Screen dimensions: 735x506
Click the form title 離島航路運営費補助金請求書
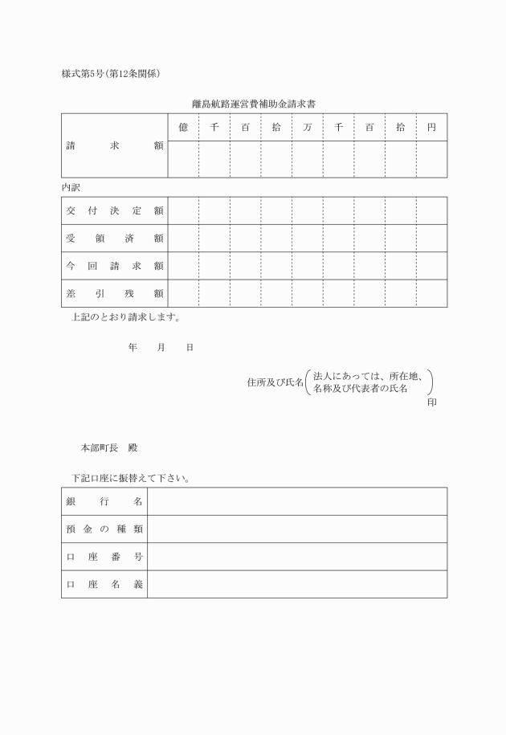tap(253, 104)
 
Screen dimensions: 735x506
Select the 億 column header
tap(183, 127)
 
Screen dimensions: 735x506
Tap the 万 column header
tap(308, 127)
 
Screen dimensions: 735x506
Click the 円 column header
tap(431, 127)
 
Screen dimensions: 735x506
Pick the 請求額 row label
tap(114, 146)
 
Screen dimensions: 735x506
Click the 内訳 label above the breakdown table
tap(71, 186)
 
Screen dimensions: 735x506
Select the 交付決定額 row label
tap(114, 210)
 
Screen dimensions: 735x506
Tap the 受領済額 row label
tap(114, 238)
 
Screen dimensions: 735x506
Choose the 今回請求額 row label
tap(114, 266)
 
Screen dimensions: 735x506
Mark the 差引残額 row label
tap(114, 293)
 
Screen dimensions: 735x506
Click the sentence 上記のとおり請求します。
tap(126, 316)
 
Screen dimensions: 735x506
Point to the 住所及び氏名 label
tap(275, 382)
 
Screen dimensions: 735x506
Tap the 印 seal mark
tap(432, 401)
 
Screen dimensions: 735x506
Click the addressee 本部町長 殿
tap(114, 447)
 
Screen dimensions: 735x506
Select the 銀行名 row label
tap(104, 501)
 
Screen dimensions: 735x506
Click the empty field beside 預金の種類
tap(297, 529)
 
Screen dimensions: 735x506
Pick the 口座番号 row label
tap(104, 557)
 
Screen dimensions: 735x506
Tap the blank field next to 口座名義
tap(297, 584)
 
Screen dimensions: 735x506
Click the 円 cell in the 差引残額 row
tap(431, 293)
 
